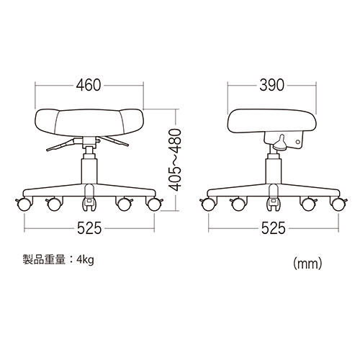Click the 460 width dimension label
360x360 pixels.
tap(89, 84)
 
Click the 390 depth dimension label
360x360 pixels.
tap(272, 84)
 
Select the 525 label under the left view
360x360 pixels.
tap(89, 229)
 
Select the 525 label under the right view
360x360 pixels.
tap(272, 229)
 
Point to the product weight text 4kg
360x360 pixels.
tap(85, 258)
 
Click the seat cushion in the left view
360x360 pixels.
tap(89, 122)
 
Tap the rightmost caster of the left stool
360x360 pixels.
tap(152, 204)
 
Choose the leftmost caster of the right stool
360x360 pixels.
tap(209, 204)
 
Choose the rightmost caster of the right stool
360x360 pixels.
tap(335, 204)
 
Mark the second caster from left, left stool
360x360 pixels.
tap(53, 204)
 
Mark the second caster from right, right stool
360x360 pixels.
tap(309, 204)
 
